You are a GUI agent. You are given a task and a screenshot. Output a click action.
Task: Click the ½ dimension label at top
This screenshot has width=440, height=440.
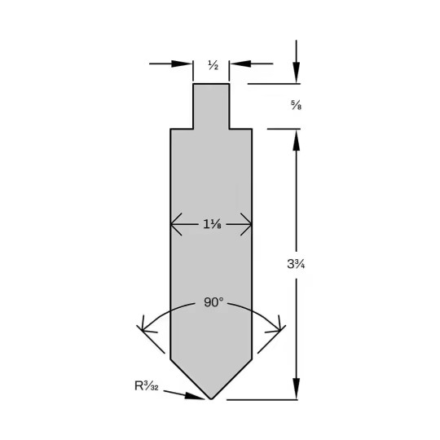pyautogui.click(x=213, y=65)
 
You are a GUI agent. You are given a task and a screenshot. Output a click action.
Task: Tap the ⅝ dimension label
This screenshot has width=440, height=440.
pyautogui.click(x=296, y=105)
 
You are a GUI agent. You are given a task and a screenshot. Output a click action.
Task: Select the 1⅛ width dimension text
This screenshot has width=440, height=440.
pyautogui.click(x=212, y=224)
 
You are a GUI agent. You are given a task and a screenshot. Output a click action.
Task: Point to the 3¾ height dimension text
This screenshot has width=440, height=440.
pyautogui.click(x=296, y=264)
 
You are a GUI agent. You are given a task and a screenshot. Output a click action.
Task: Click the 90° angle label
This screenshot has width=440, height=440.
pyautogui.click(x=213, y=302)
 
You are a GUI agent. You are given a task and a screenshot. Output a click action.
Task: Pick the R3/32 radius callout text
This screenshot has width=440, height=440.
pyautogui.click(x=147, y=386)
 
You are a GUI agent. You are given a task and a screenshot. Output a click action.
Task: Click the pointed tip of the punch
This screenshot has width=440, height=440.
pyautogui.click(x=211, y=398)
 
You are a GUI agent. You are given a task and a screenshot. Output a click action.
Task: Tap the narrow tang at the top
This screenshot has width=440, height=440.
pyautogui.click(x=211, y=107)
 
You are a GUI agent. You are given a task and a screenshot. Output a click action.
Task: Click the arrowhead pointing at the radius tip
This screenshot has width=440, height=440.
pyautogui.click(x=195, y=396)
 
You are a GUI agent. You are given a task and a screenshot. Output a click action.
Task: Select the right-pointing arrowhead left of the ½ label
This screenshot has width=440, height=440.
pyautogui.click(x=182, y=64)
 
